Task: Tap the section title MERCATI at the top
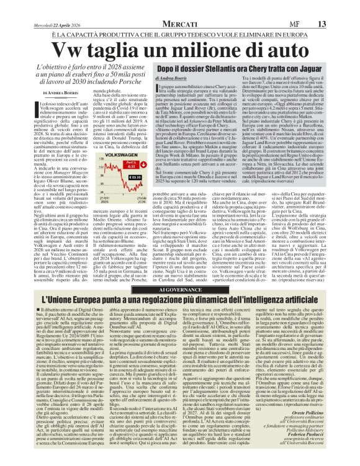180,6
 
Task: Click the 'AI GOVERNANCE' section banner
179,272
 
